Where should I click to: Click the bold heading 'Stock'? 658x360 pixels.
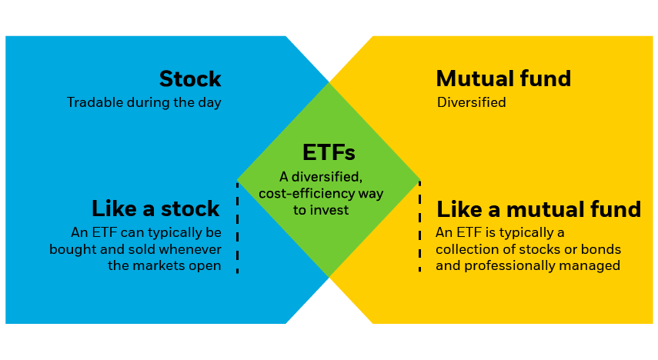pyautogui.click(x=190, y=79)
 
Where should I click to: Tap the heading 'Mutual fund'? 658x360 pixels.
pyautogui.click(x=503, y=78)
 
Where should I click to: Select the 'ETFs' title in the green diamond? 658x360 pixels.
pyautogui.click(x=329, y=152)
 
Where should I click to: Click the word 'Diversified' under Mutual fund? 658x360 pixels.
pyautogui.click(x=471, y=102)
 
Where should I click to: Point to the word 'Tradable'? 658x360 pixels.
pyautogui.click(x=95, y=102)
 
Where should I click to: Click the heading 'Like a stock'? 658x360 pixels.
pyautogui.click(x=155, y=208)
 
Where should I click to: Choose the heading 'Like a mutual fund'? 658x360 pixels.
pyautogui.click(x=539, y=209)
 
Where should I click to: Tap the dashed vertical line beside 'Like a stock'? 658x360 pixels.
pyautogui.click(x=238, y=228)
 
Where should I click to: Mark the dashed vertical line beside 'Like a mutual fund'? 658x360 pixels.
pyautogui.click(x=419, y=227)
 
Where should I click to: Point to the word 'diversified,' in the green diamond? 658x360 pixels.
pyautogui.click(x=327, y=177)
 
